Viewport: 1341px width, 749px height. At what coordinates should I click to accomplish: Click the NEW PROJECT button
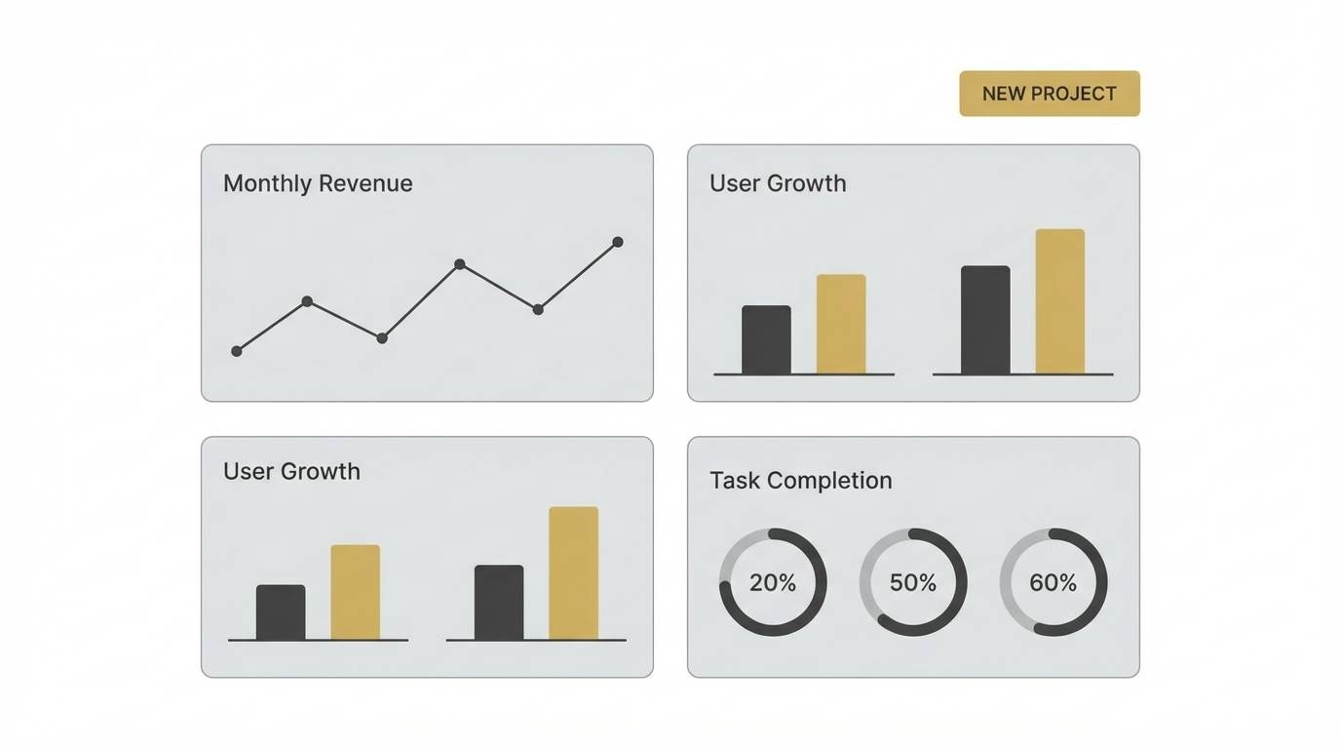coord(1049,94)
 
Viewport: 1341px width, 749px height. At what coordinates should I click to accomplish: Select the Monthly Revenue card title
coord(318,183)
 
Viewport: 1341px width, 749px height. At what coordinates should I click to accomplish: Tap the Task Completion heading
coord(800,480)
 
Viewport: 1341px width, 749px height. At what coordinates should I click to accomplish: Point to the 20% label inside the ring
coord(773,583)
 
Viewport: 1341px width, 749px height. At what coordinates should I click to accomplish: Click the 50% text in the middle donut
coord(913,583)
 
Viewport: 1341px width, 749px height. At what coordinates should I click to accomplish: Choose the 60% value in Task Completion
coord(1054,583)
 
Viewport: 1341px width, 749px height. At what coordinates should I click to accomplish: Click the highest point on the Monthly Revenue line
coord(617,242)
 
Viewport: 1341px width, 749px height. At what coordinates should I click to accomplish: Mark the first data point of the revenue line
coord(237,351)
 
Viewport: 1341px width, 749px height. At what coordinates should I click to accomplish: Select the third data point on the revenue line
coord(382,338)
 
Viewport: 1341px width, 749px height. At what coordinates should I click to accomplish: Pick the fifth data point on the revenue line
coord(538,309)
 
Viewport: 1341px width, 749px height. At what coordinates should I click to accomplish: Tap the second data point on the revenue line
coord(307,301)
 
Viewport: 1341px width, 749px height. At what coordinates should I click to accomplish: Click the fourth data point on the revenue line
coord(460,264)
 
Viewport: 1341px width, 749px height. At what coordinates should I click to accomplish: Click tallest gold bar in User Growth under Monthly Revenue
coord(573,573)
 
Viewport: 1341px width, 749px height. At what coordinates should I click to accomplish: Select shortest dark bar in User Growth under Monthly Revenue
coord(281,612)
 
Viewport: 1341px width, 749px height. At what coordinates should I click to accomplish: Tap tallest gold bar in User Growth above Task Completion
coord(1060,302)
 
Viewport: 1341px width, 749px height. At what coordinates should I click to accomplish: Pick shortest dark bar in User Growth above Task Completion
coord(766,339)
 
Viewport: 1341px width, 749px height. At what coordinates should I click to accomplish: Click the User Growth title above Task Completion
coord(778,183)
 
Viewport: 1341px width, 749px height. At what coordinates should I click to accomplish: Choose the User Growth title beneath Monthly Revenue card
coord(291,471)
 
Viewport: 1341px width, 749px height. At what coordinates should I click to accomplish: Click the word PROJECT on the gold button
coord(1074,94)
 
